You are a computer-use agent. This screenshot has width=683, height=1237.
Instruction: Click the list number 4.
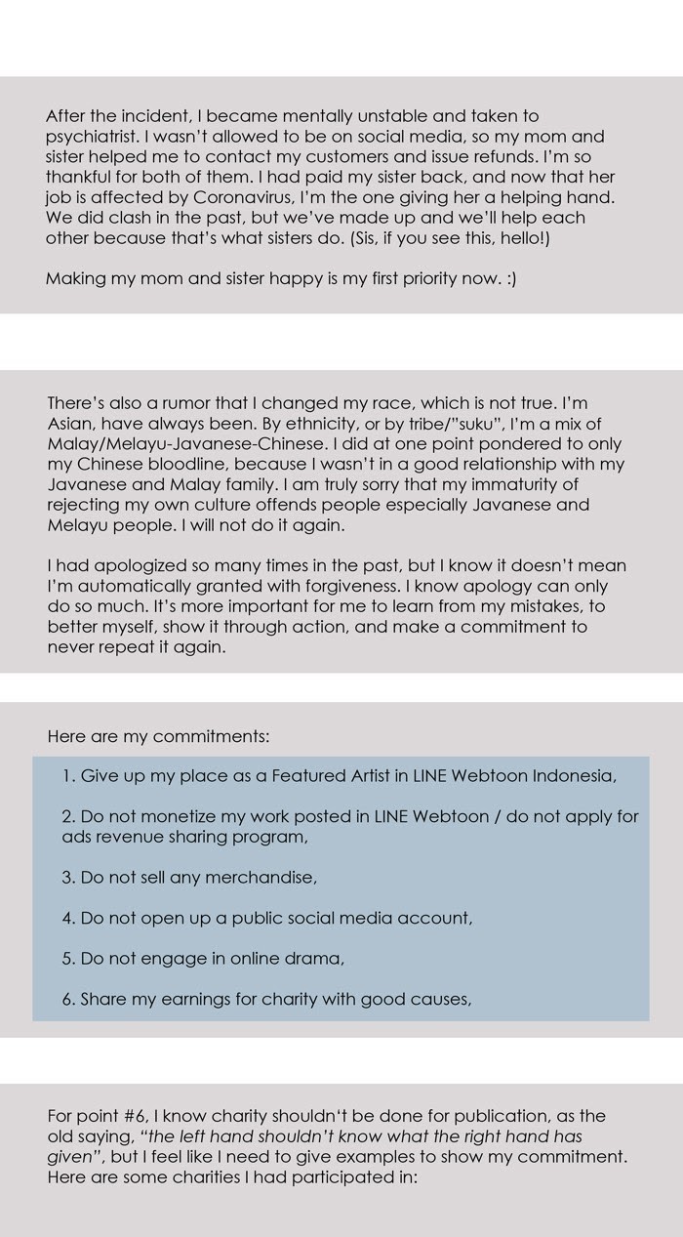pyautogui.click(x=66, y=918)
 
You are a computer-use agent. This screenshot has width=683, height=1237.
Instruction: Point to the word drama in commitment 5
pyautogui.click(x=318, y=958)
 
